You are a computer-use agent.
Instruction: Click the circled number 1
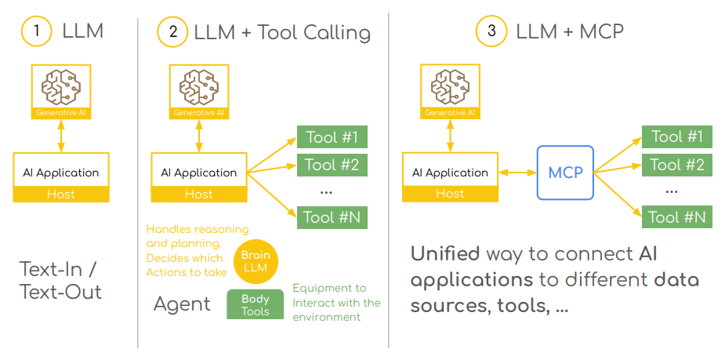[x=37, y=31]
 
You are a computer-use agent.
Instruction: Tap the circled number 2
[x=172, y=32]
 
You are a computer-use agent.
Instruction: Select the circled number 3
[x=491, y=31]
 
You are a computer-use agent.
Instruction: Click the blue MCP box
[x=565, y=173]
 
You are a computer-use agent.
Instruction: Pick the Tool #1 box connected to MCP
[x=677, y=136]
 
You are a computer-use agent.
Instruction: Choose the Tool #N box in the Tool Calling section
[x=332, y=217]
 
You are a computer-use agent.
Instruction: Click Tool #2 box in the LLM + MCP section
[x=677, y=165]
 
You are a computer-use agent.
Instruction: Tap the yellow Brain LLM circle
[x=256, y=261]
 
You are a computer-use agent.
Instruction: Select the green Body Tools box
[x=256, y=304]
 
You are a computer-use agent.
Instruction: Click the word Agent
[x=182, y=304]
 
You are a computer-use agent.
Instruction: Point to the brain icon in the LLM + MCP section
[x=450, y=86]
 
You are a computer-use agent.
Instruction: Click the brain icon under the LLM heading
[x=61, y=86]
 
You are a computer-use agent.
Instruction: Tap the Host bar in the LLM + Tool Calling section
[x=199, y=195]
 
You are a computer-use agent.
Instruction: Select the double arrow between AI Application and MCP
[x=517, y=173]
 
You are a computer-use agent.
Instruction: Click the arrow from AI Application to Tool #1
[x=272, y=155]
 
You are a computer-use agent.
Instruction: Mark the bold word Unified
[x=445, y=253]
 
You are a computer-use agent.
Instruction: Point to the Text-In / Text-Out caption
[x=60, y=281]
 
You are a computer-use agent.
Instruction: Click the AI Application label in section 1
[x=61, y=173]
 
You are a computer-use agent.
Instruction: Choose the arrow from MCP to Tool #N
[x=618, y=194]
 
